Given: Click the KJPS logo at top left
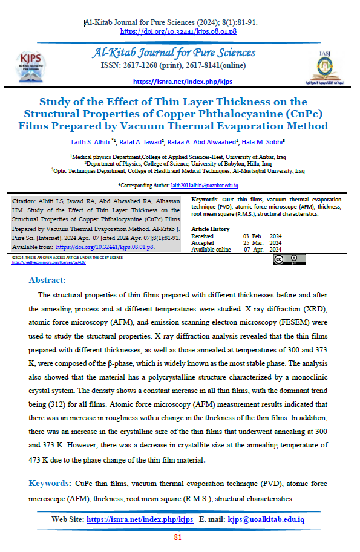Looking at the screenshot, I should [x=31, y=61].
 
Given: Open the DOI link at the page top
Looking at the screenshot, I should [x=178, y=31].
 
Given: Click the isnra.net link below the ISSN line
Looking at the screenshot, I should [x=182, y=82].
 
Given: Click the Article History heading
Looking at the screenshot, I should [x=210, y=229].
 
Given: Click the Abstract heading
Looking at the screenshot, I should [x=48, y=280].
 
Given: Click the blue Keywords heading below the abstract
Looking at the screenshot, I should [x=50, y=484].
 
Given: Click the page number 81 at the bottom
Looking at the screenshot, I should [x=178, y=537].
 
